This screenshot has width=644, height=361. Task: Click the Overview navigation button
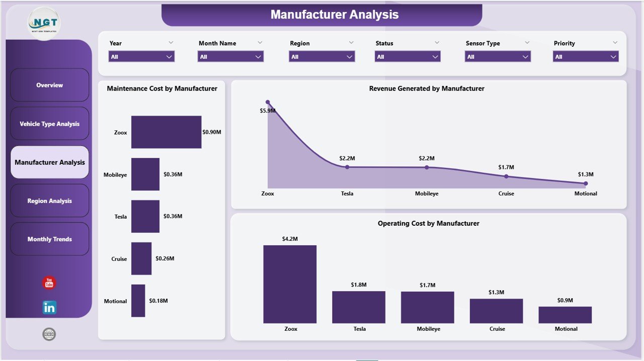[x=49, y=85]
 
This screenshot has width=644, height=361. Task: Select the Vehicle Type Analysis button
[x=49, y=124]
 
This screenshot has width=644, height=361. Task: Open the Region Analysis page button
[x=49, y=201]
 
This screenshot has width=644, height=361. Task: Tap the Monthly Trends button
[x=49, y=239]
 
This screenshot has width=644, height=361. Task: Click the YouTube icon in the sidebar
[x=49, y=283]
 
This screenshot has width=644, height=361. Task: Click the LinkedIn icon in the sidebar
[x=49, y=307]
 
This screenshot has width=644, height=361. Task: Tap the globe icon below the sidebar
[x=49, y=334]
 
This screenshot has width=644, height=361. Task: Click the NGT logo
[x=44, y=23]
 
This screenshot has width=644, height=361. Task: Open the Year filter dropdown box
[x=141, y=57]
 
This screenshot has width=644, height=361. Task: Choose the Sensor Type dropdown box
[x=497, y=57]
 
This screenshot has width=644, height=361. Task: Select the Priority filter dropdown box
[x=586, y=57]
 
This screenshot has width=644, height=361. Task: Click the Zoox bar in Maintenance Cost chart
[x=166, y=132]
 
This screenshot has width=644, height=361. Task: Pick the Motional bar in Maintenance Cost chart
[x=138, y=301]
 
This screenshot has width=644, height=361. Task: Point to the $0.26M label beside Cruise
[x=165, y=258]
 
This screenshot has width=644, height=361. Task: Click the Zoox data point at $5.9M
[x=268, y=102]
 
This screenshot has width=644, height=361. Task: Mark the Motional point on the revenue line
[x=586, y=184]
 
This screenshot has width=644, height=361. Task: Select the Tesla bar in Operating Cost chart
[x=359, y=307]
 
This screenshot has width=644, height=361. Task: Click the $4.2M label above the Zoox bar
[x=290, y=239]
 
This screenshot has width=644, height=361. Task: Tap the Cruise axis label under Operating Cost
[x=497, y=329]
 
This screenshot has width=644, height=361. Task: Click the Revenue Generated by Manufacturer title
[x=427, y=88]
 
